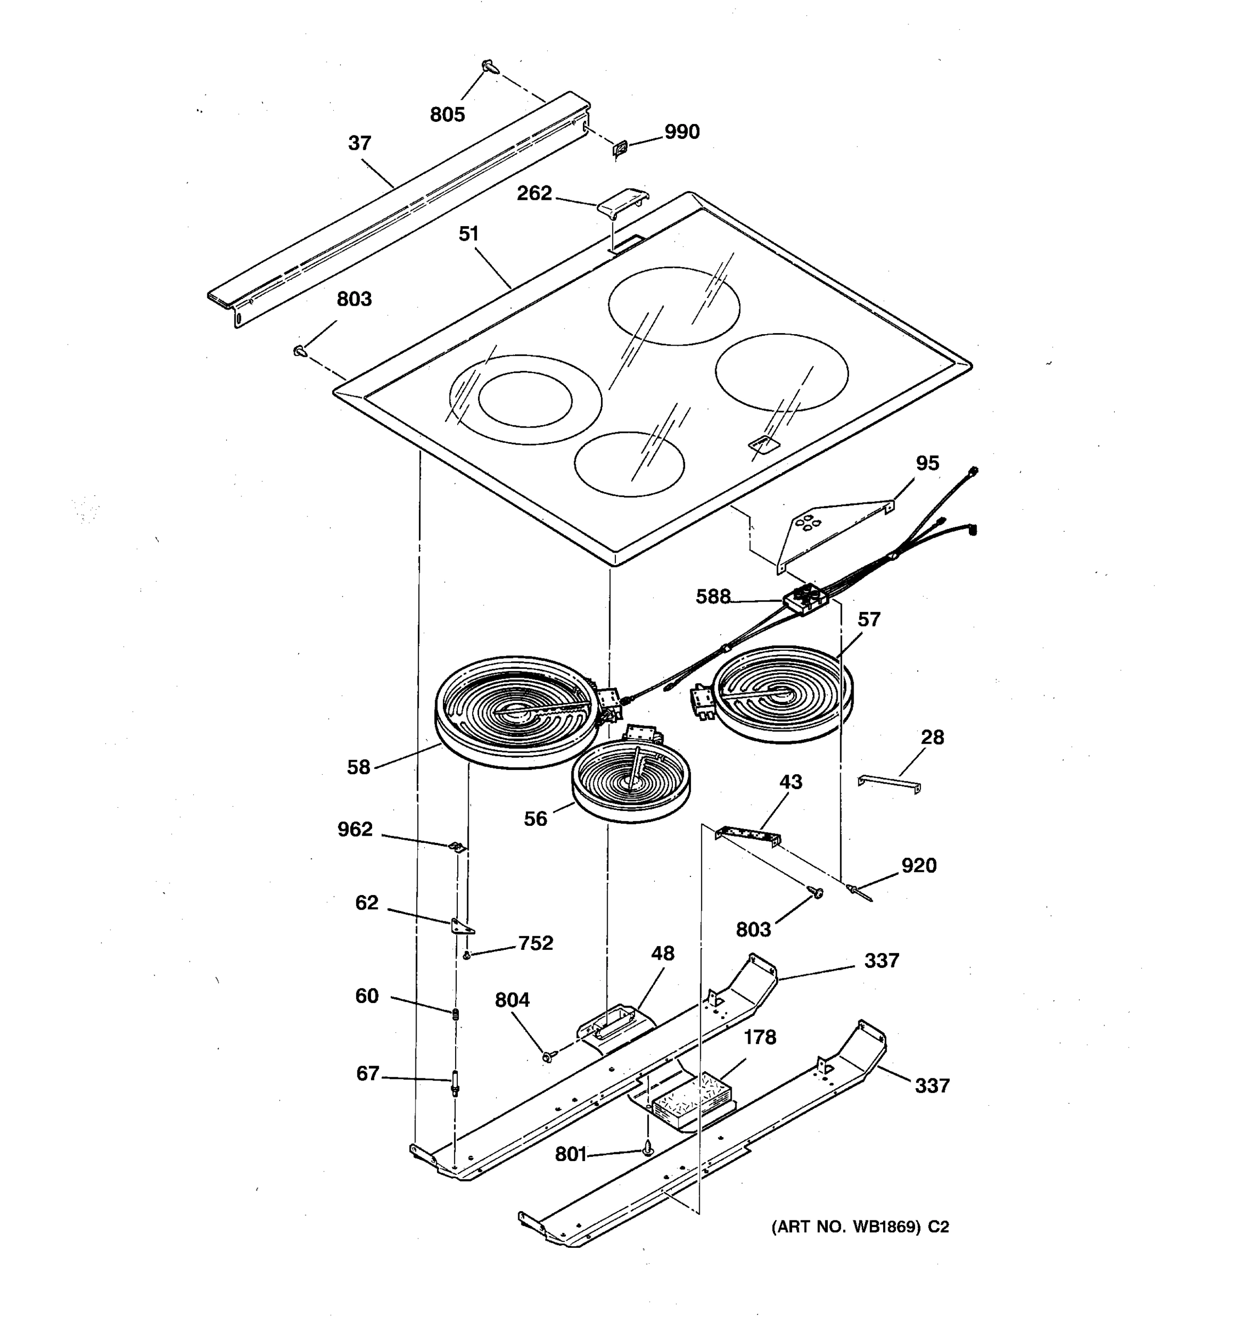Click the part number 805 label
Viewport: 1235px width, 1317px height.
point(447,115)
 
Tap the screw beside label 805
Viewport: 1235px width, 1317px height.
point(490,66)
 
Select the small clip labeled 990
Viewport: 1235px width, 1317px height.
point(620,150)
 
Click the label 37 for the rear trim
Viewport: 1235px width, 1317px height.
point(360,143)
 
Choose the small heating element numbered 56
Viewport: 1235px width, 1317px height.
point(630,783)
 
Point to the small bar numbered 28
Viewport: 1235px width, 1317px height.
point(889,783)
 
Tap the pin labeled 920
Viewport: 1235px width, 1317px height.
point(858,892)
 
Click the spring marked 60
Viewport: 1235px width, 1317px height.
point(456,1014)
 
